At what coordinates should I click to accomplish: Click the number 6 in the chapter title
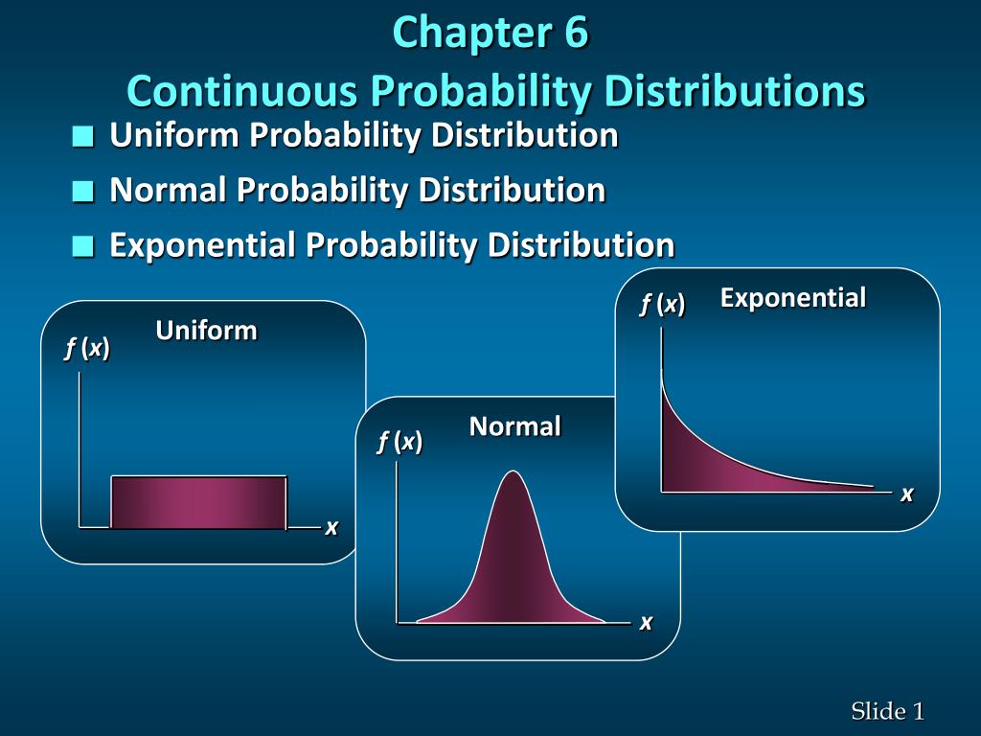[x=572, y=33]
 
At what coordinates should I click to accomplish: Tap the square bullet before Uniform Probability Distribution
[x=84, y=138]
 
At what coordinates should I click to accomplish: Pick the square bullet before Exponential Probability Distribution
[x=84, y=247]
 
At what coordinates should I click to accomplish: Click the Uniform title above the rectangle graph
[x=207, y=332]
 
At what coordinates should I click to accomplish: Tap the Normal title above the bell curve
[x=514, y=426]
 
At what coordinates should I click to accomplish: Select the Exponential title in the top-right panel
[x=793, y=298]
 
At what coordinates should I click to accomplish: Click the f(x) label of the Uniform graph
[x=87, y=350]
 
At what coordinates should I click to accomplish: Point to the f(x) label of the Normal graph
[x=399, y=442]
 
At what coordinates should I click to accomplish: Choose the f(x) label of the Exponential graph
[x=662, y=305]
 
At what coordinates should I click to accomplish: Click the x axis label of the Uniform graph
[x=331, y=527]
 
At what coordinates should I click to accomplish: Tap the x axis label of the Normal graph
[x=646, y=623]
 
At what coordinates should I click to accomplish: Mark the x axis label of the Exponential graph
[x=906, y=494]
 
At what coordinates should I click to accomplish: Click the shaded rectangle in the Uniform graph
[x=198, y=502]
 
